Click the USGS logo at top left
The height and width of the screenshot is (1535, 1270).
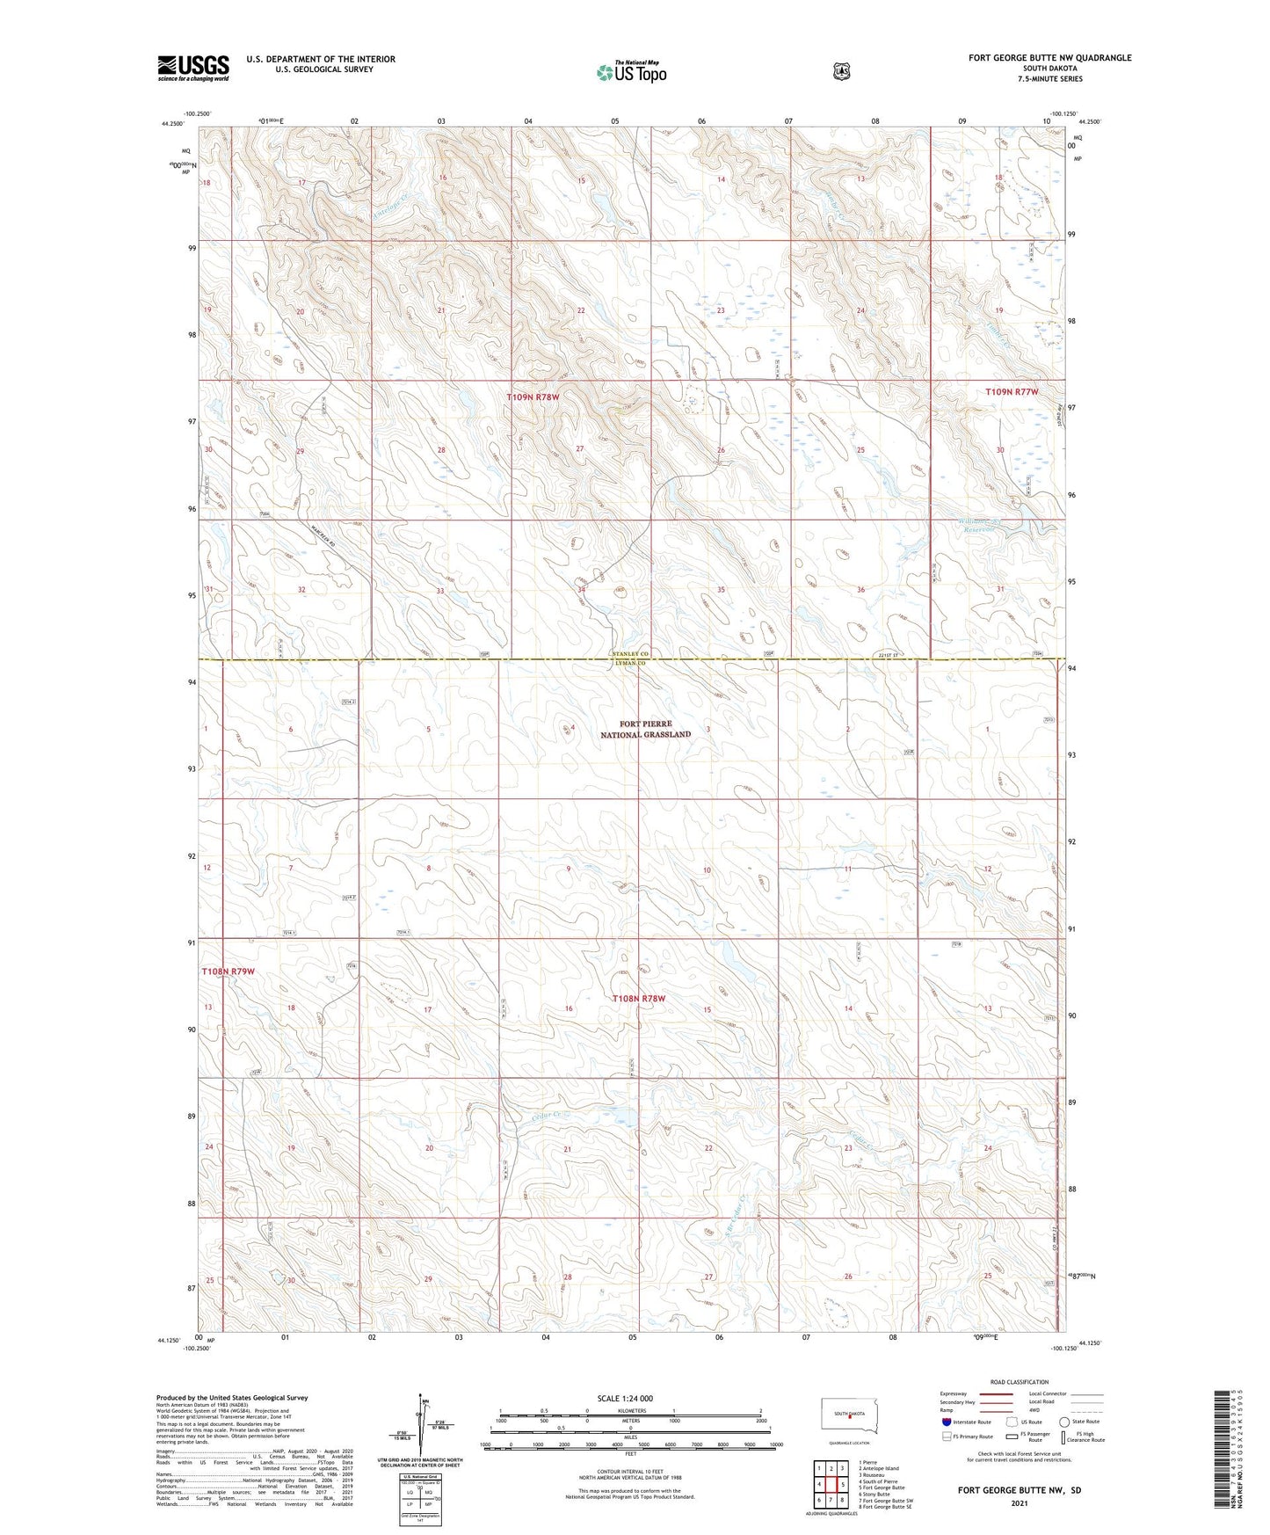click(x=192, y=68)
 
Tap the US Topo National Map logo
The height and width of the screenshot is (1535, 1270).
click(x=630, y=72)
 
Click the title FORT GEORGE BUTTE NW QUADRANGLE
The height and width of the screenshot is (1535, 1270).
click(x=1049, y=58)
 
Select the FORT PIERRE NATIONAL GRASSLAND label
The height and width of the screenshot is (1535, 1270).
click(x=651, y=729)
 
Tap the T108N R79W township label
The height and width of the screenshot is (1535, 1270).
click(x=228, y=971)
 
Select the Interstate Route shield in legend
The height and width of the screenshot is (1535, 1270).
click(x=946, y=1422)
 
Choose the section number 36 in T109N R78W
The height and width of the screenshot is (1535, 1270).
click(x=860, y=590)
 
